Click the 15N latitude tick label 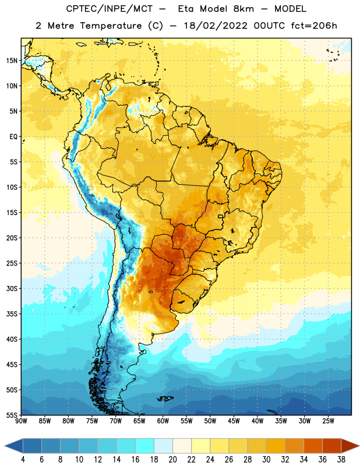12,61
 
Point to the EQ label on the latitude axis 13,137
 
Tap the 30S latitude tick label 12,288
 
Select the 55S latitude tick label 12,415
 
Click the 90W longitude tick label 21,421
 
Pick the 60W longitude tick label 163,421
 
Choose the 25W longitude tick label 328,421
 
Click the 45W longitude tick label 234,421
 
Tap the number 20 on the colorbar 172,460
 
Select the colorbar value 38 341,460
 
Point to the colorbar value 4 23,460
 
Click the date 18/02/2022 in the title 216,26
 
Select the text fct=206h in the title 314,26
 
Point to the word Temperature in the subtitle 111,26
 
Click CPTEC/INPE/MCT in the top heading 110,9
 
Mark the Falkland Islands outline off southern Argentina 165,398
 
